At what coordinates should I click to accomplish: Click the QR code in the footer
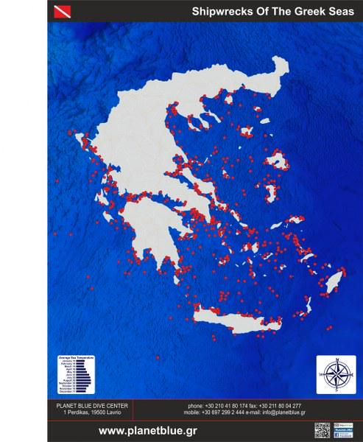click(322, 430)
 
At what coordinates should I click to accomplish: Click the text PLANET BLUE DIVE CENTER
click(93, 406)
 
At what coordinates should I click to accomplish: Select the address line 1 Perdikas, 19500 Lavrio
click(93, 414)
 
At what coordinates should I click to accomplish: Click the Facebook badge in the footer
click(344, 426)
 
